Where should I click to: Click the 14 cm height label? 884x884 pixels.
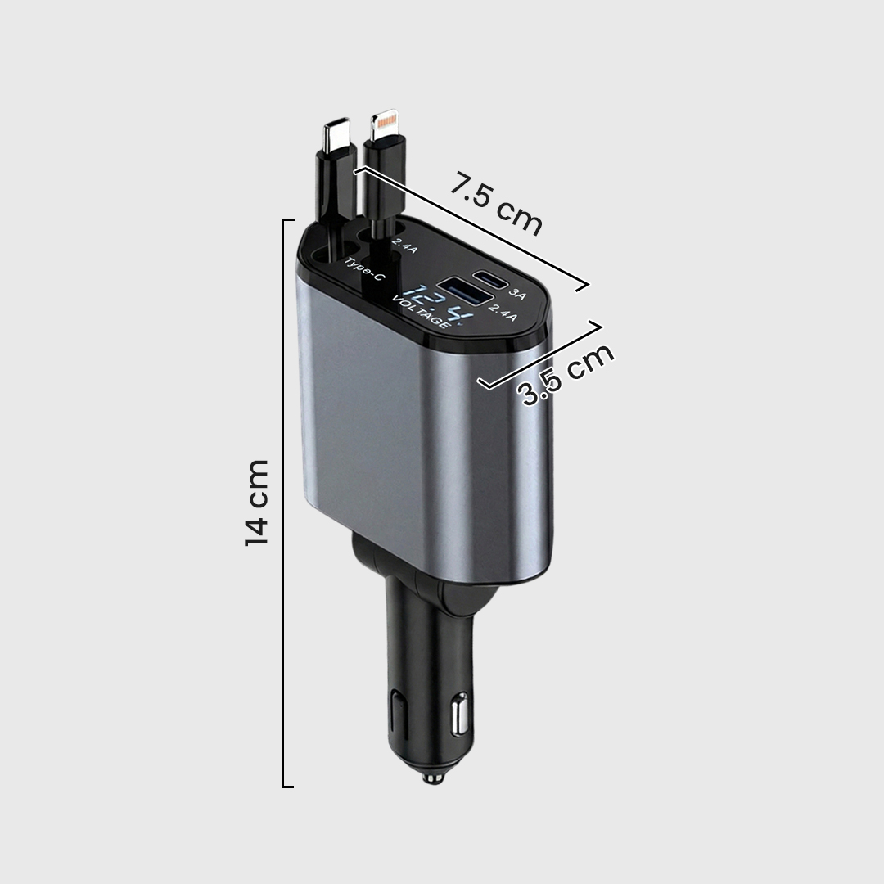click(x=257, y=503)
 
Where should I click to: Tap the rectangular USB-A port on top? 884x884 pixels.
click(x=463, y=293)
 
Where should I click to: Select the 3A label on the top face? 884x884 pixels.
click(x=517, y=292)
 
